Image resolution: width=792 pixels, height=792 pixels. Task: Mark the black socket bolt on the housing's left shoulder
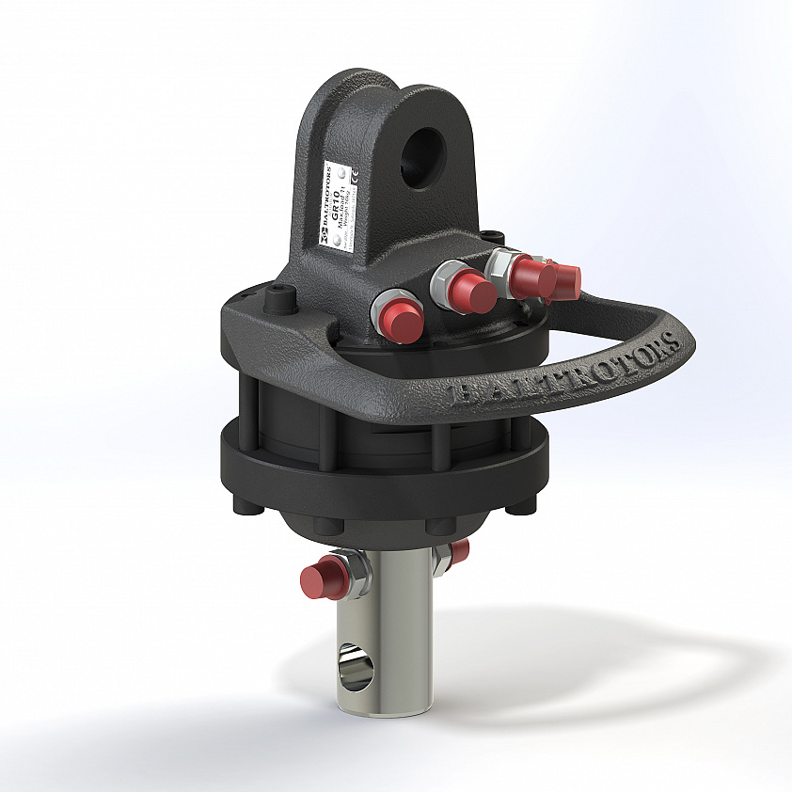pyautogui.click(x=278, y=301)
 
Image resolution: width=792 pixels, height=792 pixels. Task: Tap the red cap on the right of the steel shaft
pyautogui.click(x=459, y=551)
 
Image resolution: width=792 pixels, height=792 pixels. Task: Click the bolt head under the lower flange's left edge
pyautogui.click(x=243, y=509)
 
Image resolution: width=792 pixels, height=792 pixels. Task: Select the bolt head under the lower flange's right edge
pyautogui.click(x=516, y=507)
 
